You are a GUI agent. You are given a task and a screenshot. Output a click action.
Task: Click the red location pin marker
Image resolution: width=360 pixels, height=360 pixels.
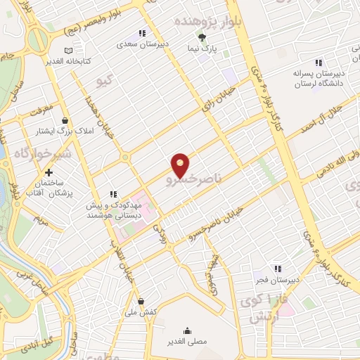(181, 165)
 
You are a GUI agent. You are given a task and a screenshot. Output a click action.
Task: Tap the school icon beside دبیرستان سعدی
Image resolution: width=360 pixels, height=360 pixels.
(142, 33)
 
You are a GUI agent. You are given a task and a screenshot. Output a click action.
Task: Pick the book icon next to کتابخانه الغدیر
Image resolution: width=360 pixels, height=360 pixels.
(68, 51)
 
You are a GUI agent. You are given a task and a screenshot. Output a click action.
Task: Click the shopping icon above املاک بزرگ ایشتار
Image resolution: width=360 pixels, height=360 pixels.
(65, 120)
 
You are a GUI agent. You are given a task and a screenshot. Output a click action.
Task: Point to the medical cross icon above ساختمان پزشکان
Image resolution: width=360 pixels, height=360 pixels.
(49, 172)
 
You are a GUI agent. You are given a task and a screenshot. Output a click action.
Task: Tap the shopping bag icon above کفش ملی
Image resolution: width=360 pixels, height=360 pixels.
(141, 301)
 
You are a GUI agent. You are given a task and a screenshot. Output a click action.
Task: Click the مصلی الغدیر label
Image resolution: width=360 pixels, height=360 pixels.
(188, 341)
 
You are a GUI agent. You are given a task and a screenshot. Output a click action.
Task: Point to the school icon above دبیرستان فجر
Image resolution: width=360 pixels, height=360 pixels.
(278, 268)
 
